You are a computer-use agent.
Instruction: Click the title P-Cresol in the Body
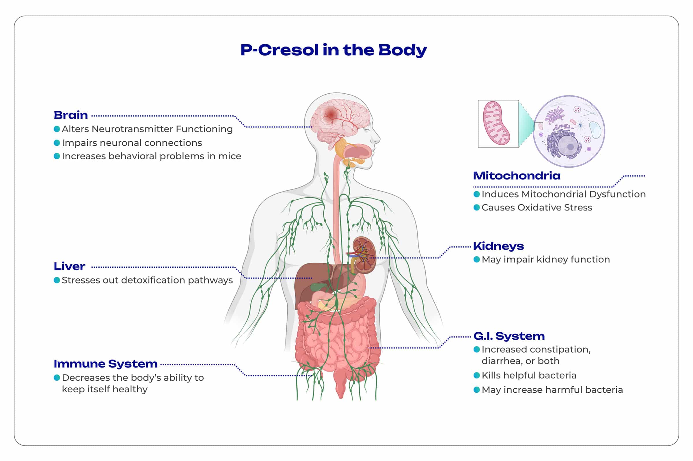click(x=334, y=50)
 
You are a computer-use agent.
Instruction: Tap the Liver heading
click(x=70, y=266)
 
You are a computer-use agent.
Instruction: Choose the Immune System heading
click(x=105, y=364)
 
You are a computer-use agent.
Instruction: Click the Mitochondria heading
click(x=517, y=176)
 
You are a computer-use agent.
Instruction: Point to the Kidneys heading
click(x=498, y=246)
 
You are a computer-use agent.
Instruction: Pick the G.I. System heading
click(x=509, y=336)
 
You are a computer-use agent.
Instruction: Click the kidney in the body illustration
click(x=364, y=255)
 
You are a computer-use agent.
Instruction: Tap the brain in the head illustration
click(x=340, y=121)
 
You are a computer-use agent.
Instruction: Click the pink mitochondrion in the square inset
click(x=496, y=123)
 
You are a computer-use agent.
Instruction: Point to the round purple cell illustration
click(x=569, y=132)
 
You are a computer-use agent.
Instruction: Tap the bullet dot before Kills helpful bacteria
click(x=476, y=375)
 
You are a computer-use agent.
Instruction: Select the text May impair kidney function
click(x=545, y=260)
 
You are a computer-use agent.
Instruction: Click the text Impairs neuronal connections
click(x=132, y=143)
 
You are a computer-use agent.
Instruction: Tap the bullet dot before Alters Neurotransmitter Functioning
click(x=57, y=129)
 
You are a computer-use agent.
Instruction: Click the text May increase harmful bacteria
click(x=552, y=390)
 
